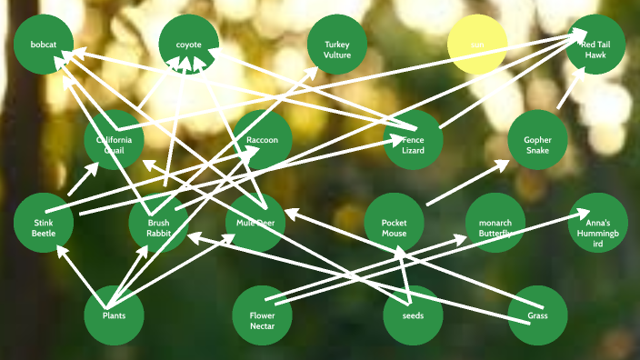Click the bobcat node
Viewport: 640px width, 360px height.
44,45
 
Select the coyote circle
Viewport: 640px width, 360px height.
188,45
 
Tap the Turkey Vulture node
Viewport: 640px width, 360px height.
336,45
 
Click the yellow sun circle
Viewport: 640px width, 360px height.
477,45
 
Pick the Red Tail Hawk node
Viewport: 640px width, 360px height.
595,45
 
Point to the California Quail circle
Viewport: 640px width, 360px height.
115,140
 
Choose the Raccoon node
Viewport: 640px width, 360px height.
263,140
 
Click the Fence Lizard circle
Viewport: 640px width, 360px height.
413,140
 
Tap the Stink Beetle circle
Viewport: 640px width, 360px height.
44,224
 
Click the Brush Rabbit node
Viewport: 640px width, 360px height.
158,224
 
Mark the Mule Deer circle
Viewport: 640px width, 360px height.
255,224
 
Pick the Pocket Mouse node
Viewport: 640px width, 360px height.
394,224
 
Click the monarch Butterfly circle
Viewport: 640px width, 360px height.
495,224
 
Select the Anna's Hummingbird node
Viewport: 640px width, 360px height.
598,224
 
